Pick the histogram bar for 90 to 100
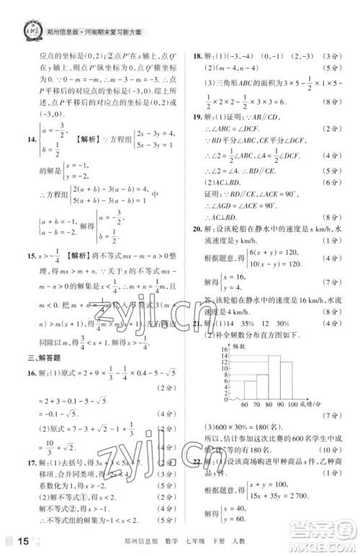tap(287, 382)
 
